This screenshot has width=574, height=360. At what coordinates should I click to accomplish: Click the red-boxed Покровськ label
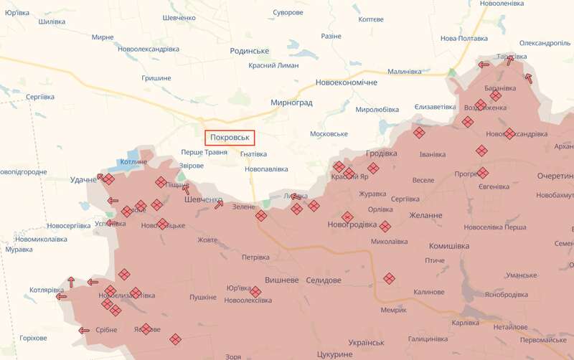230,137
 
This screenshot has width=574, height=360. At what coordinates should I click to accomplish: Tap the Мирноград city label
291,103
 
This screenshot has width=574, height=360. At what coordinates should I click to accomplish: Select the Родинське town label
250,51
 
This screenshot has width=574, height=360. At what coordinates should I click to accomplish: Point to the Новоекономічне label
346,82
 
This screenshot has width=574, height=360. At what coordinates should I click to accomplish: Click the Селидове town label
324,280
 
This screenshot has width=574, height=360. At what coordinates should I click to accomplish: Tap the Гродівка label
381,153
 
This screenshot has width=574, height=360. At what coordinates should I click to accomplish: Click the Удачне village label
83,179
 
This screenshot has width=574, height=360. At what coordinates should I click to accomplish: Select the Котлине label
134,162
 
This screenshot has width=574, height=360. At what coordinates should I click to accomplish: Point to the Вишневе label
282,280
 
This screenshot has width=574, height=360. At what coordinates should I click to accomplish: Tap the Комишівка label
448,245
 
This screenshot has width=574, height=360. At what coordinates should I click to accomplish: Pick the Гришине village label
156,77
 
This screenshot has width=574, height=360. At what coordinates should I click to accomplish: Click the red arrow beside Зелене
219,205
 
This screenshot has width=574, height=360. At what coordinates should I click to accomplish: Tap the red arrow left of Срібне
84,331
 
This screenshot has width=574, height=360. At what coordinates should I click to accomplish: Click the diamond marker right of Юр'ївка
255,291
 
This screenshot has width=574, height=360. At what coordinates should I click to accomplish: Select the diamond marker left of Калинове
389,278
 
